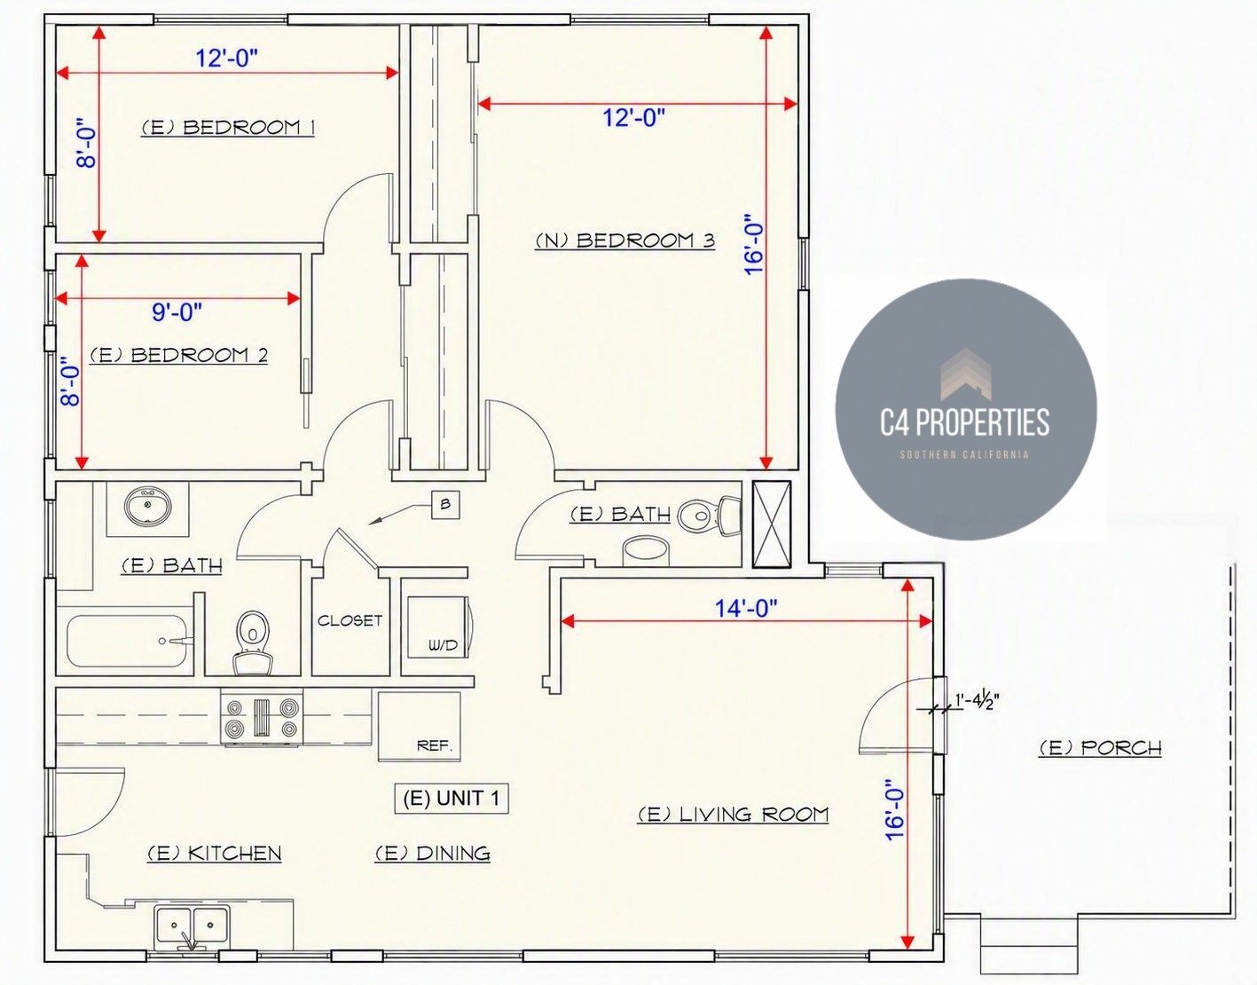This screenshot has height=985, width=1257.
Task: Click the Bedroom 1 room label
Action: click(x=228, y=127)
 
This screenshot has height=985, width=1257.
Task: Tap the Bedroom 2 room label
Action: click(x=178, y=355)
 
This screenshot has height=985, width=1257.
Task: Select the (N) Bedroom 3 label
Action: click(x=625, y=240)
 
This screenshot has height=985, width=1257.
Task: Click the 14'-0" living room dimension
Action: click(x=746, y=608)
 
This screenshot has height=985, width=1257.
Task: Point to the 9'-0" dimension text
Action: click(x=177, y=311)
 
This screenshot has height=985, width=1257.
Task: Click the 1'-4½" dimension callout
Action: click(x=977, y=702)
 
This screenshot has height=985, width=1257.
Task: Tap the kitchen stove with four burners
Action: click(x=262, y=718)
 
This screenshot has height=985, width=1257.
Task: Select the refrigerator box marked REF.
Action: click(x=420, y=726)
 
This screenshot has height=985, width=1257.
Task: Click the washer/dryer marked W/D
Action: click(x=440, y=626)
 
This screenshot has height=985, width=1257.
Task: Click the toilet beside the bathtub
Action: click(x=252, y=642)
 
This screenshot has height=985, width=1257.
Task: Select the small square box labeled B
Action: click(x=445, y=504)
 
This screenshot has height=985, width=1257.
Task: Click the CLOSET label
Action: click(x=350, y=620)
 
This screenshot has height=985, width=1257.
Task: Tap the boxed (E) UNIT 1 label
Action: click(x=452, y=798)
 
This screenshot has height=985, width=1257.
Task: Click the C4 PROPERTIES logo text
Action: click(x=965, y=422)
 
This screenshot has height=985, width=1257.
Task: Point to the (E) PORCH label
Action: click(x=1100, y=748)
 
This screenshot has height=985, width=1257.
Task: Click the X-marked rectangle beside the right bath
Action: click(x=771, y=524)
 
